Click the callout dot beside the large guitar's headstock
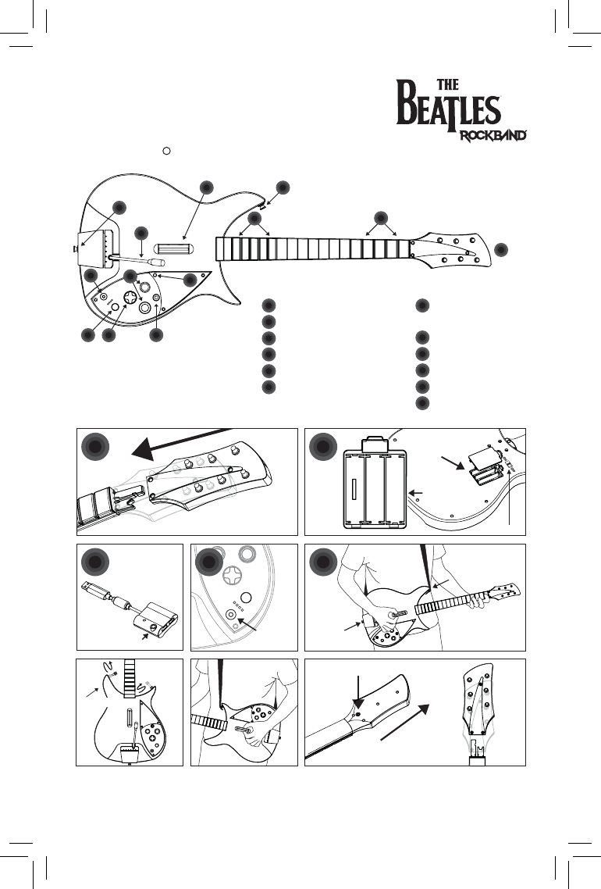(x=500, y=249)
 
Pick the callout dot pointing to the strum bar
(x=206, y=187)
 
